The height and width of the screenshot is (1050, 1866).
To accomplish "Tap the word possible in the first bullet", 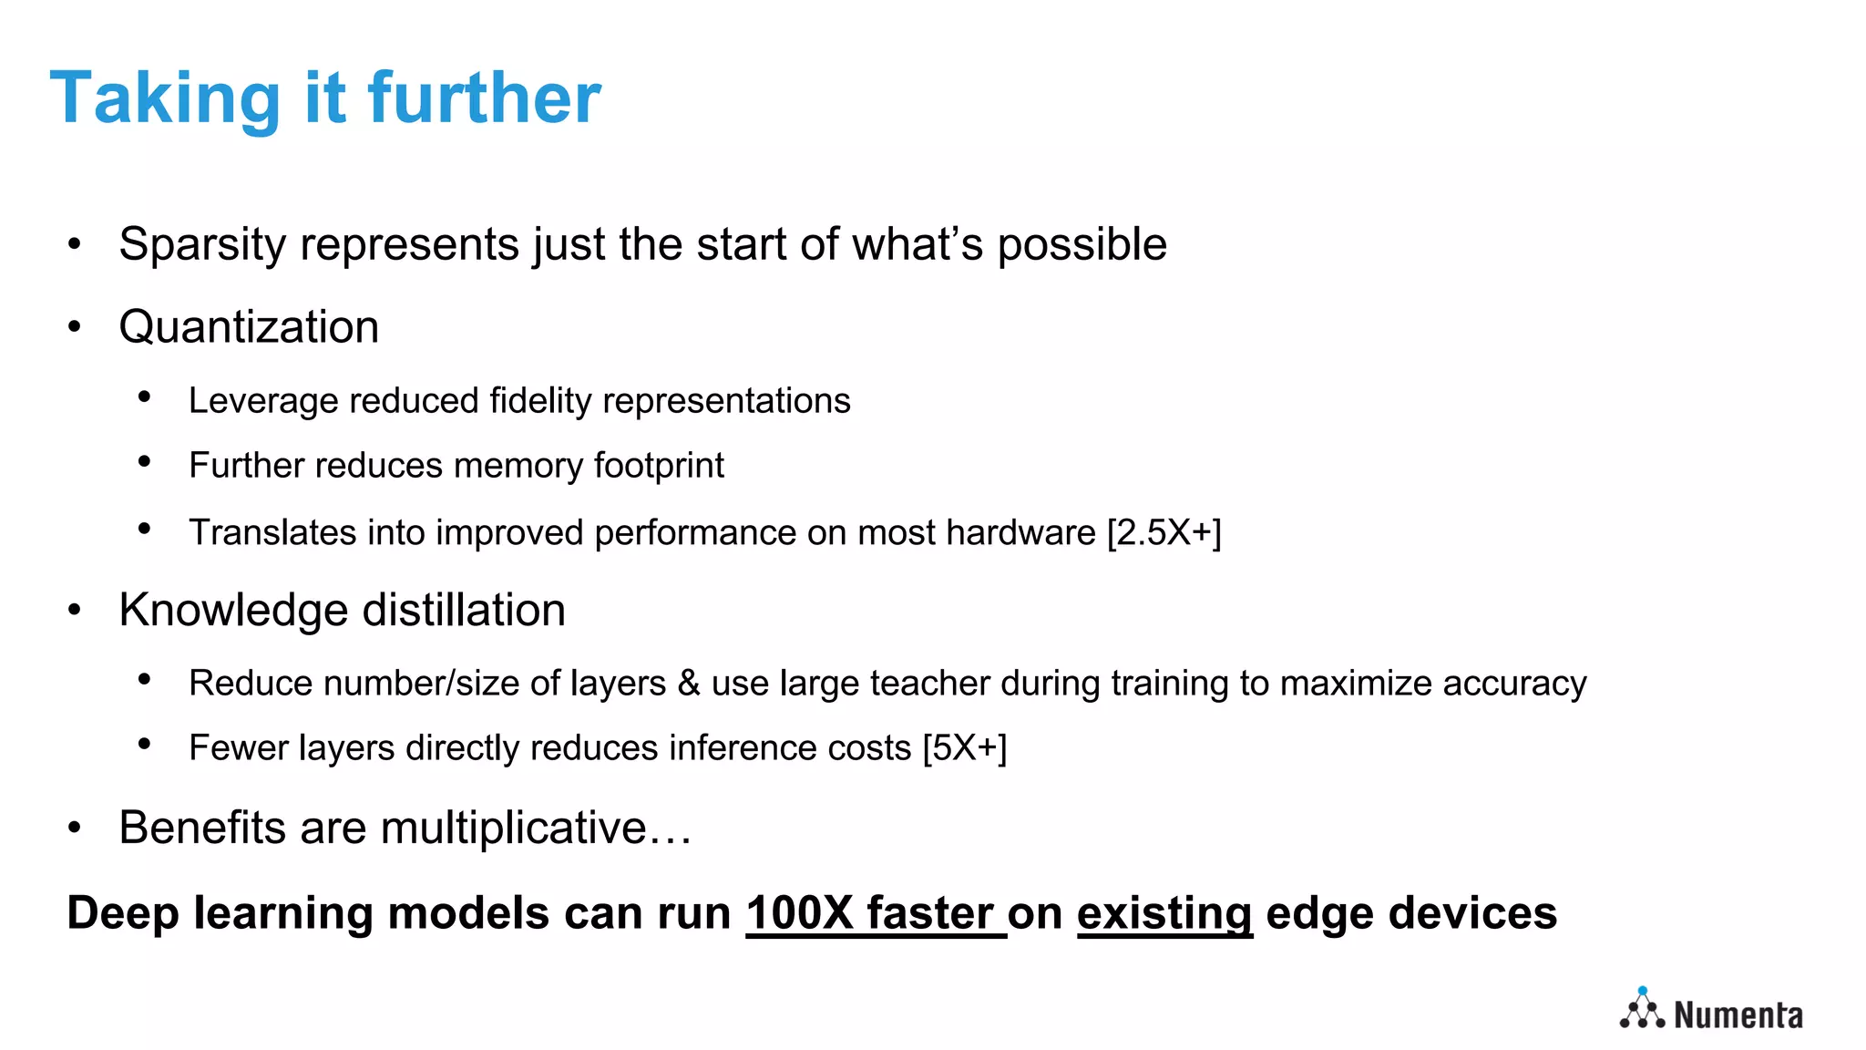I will (x=1082, y=245).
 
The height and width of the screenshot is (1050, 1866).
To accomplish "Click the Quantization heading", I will (x=249, y=327).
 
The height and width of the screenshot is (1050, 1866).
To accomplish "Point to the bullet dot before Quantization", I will (x=75, y=326).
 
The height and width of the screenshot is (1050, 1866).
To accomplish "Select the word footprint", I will (x=659, y=466).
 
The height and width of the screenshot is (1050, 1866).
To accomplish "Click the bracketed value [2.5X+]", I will (x=1164, y=533).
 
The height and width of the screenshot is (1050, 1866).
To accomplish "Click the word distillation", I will (x=464, y=610).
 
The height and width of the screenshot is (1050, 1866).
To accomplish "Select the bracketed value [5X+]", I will (x=964, y=748).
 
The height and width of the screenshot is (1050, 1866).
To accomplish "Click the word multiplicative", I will (x=513, y=828).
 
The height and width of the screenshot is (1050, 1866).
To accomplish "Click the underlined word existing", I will (x=1164, y=913).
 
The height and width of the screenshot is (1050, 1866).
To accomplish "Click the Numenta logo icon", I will (x=1642, y=1009).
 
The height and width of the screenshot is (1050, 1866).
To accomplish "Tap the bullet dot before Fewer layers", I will (x=144, y=745).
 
